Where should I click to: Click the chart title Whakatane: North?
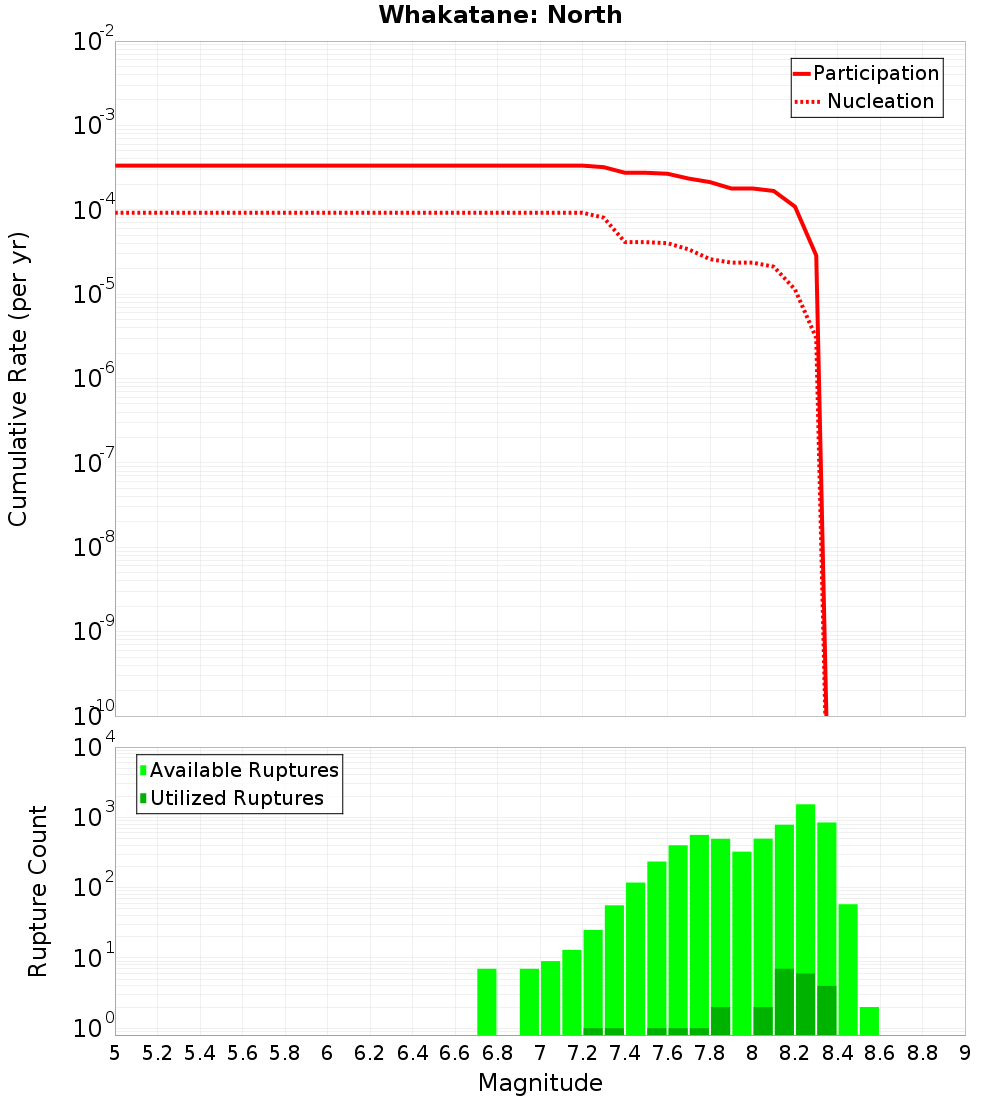tap(500, 15)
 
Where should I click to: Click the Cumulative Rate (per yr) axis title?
tap(18, 379)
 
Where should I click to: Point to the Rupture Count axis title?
tap(38, 891)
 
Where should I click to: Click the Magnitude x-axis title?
tap(540, 1083)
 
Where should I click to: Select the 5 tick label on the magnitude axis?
tap(115, 1053)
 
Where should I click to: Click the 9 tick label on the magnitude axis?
tap(965, 1053)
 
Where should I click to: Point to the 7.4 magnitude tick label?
tap(625, 1053)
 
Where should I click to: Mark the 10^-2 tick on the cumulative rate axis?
tap(94, 42)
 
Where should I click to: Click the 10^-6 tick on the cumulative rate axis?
tap(94, 379)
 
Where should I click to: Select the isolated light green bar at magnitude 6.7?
tap(487, 1001)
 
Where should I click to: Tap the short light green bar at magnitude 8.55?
tap(869, 1021)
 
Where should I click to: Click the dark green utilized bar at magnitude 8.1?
tap(785, 1001)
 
